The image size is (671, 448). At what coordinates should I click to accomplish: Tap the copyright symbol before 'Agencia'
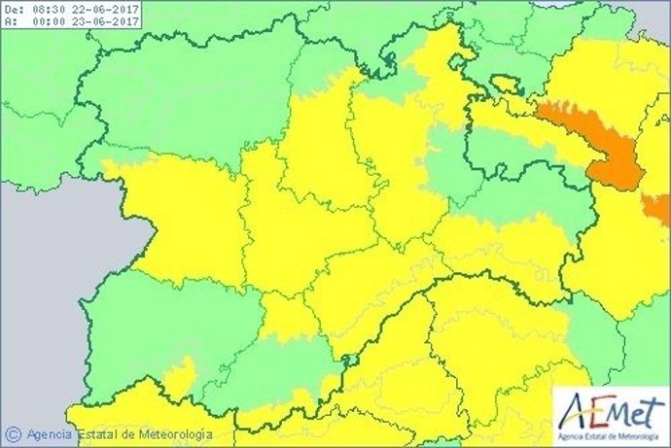click(x=14, y=434)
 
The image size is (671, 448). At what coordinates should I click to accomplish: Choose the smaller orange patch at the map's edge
click(x=660, y=207)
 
